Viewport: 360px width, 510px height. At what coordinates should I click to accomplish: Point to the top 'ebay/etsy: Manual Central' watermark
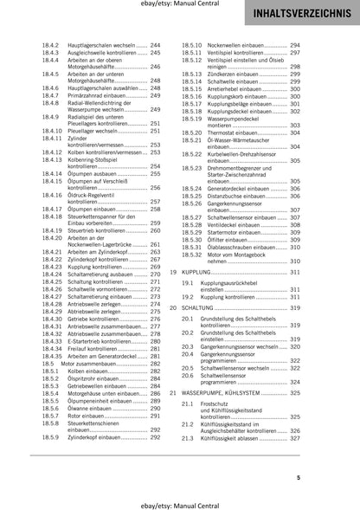179,6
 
